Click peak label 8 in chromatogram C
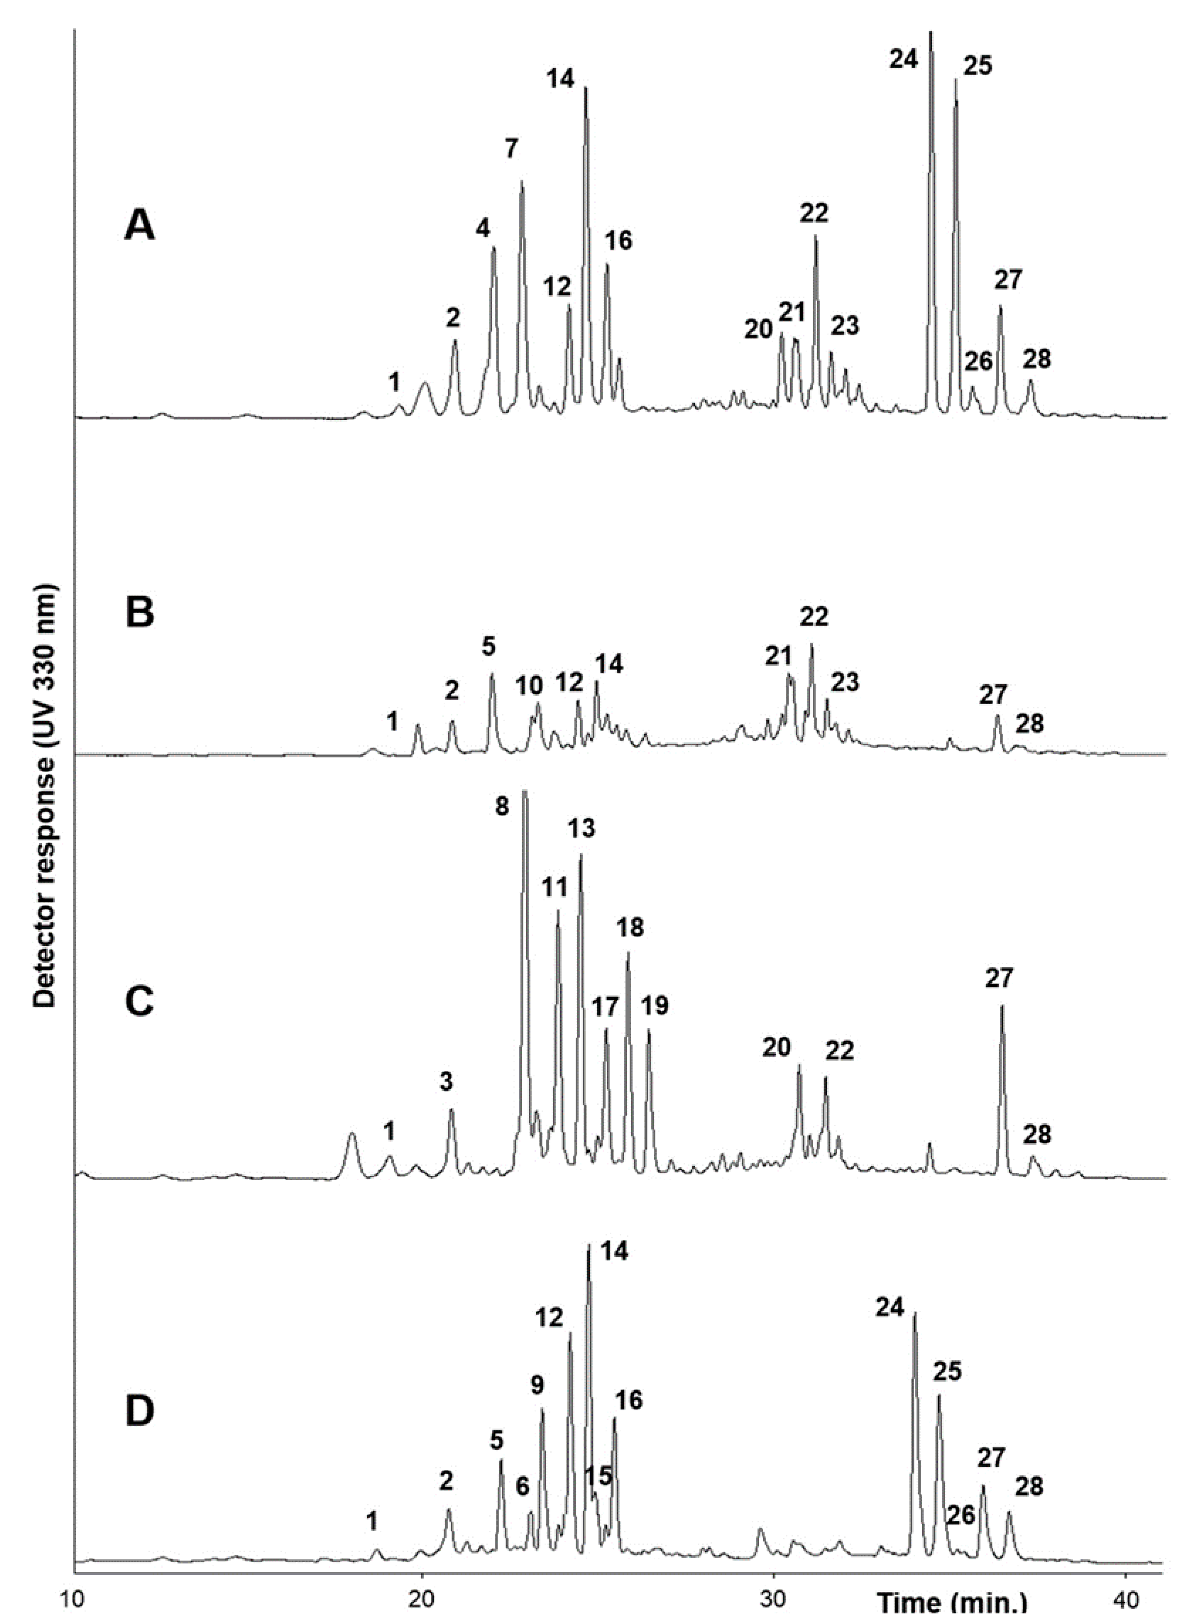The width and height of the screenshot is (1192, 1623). (x=502, y=806)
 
